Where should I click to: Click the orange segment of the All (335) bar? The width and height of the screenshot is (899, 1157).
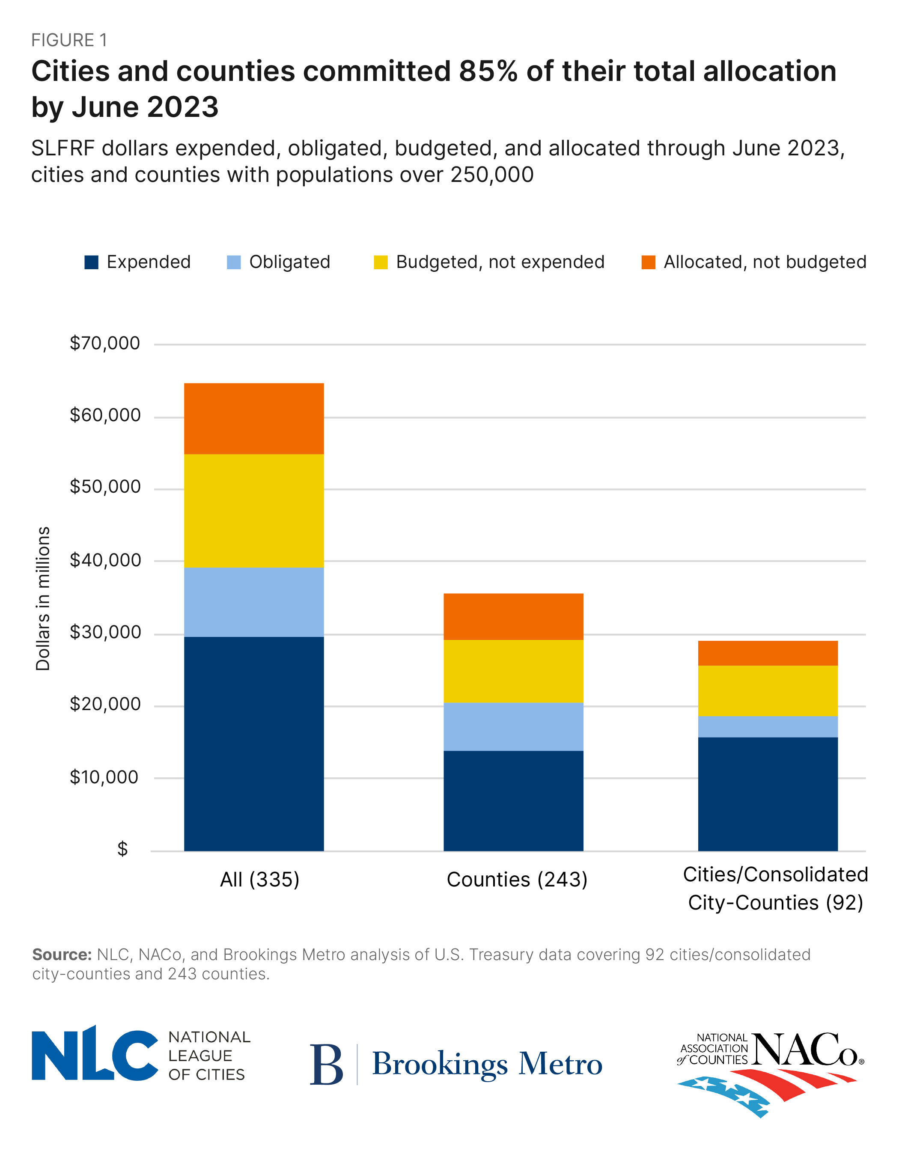254,419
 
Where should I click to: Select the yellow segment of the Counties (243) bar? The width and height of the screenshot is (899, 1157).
513,671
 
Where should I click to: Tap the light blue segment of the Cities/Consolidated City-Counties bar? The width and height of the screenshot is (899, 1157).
767,726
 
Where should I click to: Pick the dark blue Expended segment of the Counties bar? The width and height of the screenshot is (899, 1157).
513,800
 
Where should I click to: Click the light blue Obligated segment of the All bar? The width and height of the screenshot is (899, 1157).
254,602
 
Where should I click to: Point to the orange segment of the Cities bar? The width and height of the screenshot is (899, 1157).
767,653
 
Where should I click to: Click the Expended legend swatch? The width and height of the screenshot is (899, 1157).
92,262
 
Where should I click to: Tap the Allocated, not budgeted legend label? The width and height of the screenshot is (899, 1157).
765,262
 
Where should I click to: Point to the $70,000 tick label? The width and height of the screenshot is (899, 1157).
105,343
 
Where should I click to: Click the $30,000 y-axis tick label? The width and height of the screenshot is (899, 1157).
105,632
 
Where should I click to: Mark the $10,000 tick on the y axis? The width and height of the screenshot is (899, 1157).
104,777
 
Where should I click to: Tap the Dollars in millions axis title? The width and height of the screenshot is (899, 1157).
43,599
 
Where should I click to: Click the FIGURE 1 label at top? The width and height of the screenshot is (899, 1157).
69,40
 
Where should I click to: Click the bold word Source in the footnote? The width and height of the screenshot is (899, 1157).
62,955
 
